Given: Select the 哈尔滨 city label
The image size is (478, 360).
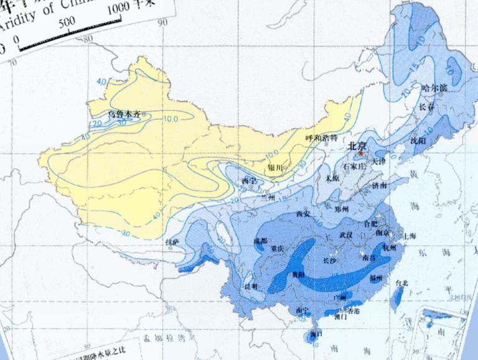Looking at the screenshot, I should click(434, 88).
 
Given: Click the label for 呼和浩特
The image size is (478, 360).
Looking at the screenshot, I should click(321, 138).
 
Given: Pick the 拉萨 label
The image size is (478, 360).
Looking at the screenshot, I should click(172, 241).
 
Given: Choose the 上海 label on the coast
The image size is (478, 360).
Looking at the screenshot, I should click(410, 236).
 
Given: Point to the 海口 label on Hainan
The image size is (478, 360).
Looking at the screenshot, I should click(316, 334).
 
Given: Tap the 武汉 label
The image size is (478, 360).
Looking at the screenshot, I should click(346, 234).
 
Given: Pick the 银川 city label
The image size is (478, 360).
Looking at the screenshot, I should click(274, 168).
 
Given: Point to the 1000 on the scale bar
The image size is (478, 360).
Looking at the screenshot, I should click(123, 9).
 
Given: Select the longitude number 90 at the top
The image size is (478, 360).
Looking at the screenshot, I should click(163, 24).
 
